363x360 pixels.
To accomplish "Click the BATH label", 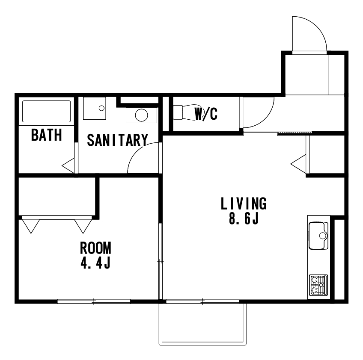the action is (x=47, y=135).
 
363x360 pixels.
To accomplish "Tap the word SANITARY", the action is (x=117, y=140).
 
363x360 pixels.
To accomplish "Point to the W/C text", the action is (x=206, y=114).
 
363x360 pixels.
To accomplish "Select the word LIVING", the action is (x=244, y=203).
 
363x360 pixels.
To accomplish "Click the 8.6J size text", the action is (x=244, y=218).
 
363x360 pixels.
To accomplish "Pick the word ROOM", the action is (x=95, y=248).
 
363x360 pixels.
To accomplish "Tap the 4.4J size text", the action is (x=95, y=263).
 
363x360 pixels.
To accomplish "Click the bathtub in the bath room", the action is (x=46, y=111).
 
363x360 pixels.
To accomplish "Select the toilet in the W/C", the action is (x=184, y=112).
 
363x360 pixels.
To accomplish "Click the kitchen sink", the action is (x=318, y=236).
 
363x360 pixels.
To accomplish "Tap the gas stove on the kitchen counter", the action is (x=318, y=285).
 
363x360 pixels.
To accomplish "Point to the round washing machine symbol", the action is (x=141, y=115).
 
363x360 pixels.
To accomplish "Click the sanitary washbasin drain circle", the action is (x=101, y=108).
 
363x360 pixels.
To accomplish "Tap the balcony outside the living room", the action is (x=202, y=324).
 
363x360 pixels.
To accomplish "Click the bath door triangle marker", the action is (x=68, y=165).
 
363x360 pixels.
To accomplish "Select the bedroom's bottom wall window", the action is (x=94, y=301).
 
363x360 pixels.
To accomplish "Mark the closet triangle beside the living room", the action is (x=299, y=164).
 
